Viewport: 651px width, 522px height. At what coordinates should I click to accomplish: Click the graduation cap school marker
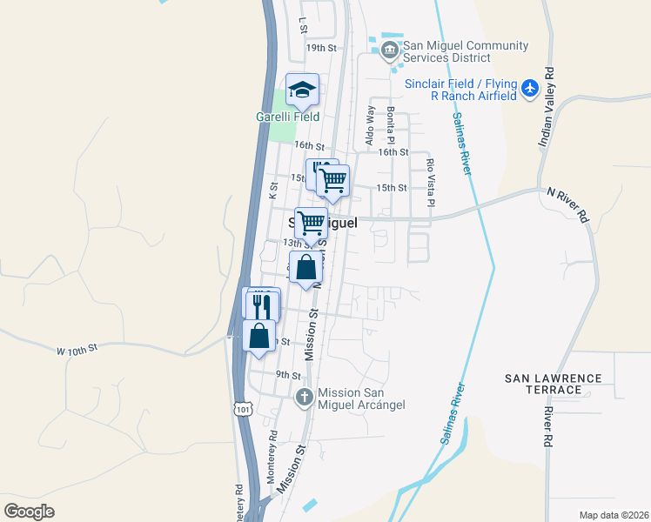[x=303, y=90]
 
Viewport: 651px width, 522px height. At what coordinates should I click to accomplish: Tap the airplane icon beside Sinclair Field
[x=531, y=88]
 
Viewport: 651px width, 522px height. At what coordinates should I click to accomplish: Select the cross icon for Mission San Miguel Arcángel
[x=305, y=398]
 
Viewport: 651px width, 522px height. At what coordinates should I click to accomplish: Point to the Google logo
[x=29, y=511]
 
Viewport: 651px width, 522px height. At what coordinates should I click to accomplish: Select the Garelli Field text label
[x=287, y=117]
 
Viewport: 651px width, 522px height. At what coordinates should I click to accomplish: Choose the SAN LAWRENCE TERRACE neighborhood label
[x=553, y=384]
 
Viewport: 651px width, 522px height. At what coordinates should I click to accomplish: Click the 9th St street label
[x=288, y=375]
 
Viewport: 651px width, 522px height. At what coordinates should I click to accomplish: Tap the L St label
[x=303, y=23]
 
